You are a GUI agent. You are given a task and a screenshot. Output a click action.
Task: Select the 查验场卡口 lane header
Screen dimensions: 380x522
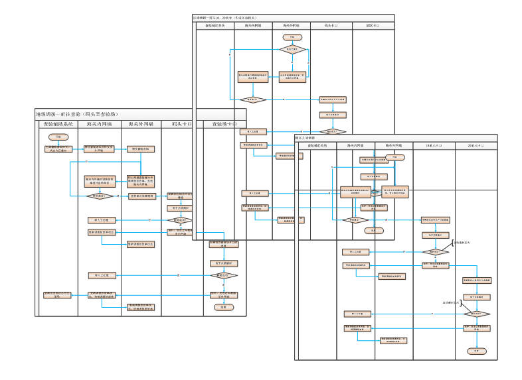click(224, 124)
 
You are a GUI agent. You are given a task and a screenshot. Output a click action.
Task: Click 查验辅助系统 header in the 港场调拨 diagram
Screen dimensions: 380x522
click(60, 124)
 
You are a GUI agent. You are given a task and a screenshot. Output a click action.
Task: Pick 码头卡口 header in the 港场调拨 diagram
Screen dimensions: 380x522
click(181, 124)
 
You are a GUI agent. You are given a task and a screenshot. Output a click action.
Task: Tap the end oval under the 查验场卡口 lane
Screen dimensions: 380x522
click(224, 307)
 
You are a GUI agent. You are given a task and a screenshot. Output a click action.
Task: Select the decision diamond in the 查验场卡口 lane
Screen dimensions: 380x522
click(224, 275)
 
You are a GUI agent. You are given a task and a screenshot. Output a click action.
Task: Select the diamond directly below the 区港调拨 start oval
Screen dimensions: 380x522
click(293, 49)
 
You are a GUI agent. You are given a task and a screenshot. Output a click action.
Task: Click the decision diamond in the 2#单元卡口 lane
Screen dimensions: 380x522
click(476, 313)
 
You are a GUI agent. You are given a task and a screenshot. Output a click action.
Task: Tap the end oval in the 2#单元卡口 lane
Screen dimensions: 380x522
click(476, 349)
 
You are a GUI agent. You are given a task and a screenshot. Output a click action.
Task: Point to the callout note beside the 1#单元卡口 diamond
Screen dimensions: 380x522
click(463, 243)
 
